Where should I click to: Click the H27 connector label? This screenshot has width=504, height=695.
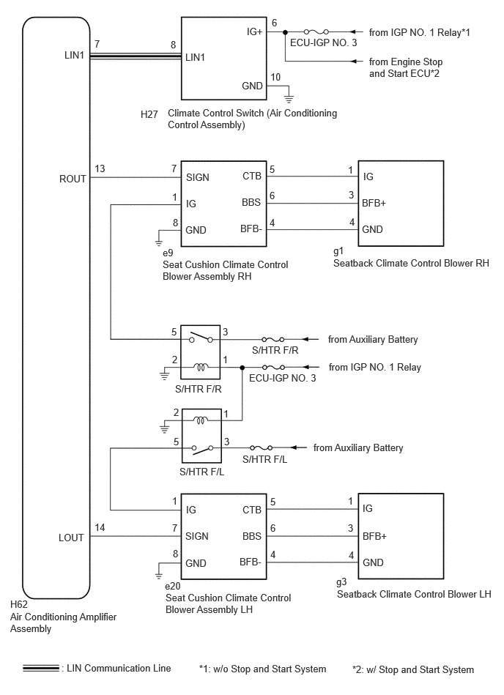point(149,114)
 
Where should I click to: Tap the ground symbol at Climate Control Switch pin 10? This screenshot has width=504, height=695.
point(289,99)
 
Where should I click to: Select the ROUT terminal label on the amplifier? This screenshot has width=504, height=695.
point(73,179)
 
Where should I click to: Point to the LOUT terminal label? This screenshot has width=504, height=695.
point(71,538)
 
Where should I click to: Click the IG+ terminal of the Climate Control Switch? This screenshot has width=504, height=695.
point(254,32)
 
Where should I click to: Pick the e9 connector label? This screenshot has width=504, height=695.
point(168,253)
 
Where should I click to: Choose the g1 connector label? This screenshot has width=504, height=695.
point(338,252)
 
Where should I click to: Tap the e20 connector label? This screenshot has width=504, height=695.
point(172,586)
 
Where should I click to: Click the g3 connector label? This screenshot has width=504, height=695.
point(341,583)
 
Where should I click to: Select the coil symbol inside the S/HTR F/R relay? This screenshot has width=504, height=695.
point(201,367)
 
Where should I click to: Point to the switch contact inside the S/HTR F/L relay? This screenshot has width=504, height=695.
point(202,449)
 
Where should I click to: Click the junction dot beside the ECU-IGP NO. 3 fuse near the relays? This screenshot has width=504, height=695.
point(242,368)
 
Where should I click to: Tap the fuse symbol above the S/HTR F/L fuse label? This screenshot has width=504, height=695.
point(261,447)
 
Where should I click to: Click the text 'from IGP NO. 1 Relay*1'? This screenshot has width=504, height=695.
point(419,32)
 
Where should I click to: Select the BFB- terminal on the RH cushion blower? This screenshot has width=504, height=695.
point(251,228)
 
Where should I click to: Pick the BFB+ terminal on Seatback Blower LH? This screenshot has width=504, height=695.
point(374,536)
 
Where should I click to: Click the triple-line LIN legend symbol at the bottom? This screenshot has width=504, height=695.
point(41,668)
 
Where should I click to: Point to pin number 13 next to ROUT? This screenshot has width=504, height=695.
point(100,169)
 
